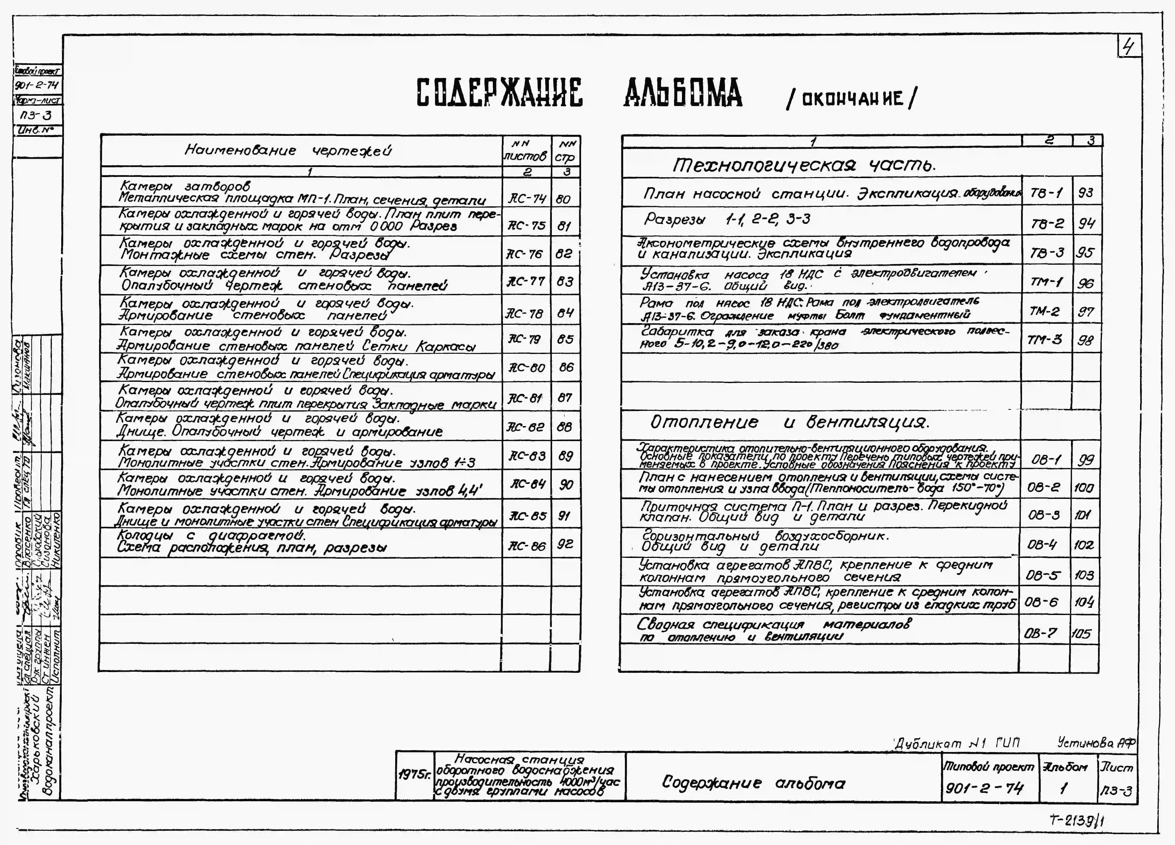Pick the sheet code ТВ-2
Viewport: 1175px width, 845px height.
tap(1047, 223)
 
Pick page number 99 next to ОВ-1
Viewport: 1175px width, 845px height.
tap(1085, 460)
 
